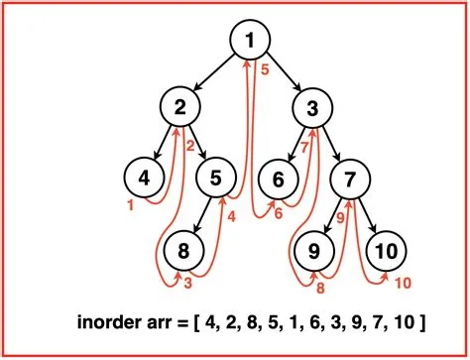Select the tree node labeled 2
point(180,105)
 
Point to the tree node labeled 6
point(279,179)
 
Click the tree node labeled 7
point(350,179)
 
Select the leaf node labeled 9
point(314,250)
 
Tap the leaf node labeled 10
point(385,250)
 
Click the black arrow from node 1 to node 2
point(215,72)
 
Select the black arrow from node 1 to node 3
point(285,72)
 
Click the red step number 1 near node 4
point(130,205)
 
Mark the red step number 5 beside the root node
point(266,69)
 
